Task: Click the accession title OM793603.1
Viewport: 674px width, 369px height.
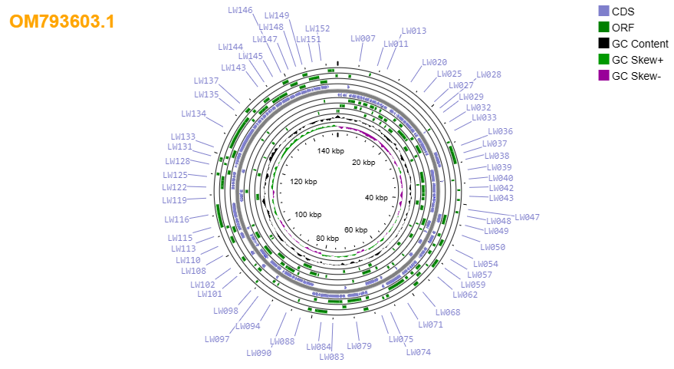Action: click(x=62, y=21)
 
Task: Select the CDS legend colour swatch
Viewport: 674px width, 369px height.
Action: click(x=603, y=12)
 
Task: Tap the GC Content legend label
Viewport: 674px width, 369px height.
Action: click(x=640, y=44)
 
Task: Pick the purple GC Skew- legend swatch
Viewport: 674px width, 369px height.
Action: click(x=603, y=76)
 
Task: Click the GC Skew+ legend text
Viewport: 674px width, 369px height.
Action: click(x=637, y=60)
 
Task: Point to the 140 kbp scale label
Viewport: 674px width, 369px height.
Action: click(x=330, y=151)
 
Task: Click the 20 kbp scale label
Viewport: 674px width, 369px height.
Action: click(x=363, y=162)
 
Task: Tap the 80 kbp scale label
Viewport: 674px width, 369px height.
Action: click(x=327, y=239)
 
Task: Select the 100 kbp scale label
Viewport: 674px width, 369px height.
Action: click(x=307, y=215)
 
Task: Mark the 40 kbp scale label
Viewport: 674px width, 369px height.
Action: click(x=376, y=198)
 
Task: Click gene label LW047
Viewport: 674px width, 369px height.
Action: click(x=527, y=217)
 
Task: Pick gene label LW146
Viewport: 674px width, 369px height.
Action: click(x=240, y=10)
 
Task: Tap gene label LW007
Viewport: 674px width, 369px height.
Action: click(x=363, y=38)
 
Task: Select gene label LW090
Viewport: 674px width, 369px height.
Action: click(x=258, y=353)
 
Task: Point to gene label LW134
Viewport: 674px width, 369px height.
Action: click(x=193, y=114)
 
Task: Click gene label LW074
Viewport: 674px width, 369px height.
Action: click(x=418, y=352)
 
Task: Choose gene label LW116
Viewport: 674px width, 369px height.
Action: click(x=176, y=219)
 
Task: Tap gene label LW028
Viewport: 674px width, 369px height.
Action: click(x=488, y=74)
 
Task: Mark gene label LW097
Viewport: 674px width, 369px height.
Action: click(x=217, y=339)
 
